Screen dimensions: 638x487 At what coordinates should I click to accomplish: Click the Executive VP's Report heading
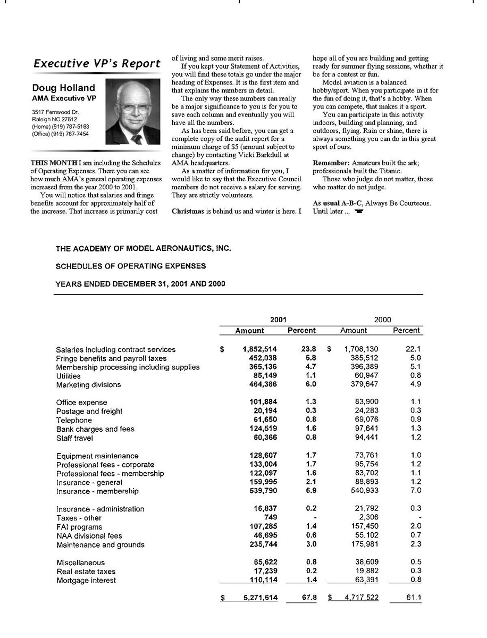(96, 63)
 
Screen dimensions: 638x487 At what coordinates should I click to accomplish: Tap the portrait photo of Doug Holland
(133, 112)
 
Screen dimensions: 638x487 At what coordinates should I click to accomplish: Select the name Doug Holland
(63, 88)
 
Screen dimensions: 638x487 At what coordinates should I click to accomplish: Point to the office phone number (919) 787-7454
(60, 133)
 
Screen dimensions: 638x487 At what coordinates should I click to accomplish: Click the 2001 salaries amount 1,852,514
(259, 349)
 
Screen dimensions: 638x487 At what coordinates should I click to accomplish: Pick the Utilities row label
(69, 376)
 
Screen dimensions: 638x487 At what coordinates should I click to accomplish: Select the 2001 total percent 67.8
(309, 598)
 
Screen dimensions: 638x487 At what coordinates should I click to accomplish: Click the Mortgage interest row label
(86, 580)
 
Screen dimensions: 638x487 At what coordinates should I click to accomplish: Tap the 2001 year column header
(278, 320)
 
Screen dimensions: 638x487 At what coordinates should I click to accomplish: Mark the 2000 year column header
(382, 320)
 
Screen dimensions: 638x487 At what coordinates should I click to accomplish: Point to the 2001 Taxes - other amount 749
(271, 518)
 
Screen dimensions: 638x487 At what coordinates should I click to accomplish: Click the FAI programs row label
(79, 527)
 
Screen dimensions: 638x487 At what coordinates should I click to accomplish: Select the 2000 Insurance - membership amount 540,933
(366, 491)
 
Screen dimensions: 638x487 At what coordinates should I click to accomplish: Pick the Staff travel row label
(74, 438)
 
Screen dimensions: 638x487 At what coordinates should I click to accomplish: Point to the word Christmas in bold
(188, 211)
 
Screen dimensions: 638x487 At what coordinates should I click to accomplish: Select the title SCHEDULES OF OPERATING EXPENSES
(130, 266)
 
